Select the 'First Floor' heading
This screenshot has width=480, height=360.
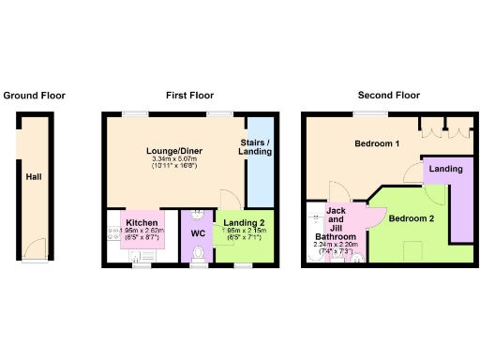pos(189,96)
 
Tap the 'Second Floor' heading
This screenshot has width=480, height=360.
pos(388,96)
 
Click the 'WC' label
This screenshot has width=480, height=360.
pos(198,232)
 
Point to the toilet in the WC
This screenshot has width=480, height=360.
pos(198,253)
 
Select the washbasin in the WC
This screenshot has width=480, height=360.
pos(198,214)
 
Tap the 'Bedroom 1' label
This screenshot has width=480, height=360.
pos(377,143)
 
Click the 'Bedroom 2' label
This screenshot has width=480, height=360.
pos(411,218)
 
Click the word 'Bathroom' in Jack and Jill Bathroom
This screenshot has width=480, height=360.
pos(335,237)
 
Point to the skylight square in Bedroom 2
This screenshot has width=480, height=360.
pos(410,248)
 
